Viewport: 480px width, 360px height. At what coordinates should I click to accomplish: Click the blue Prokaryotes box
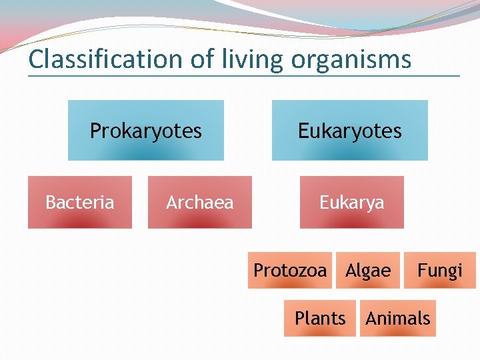145,131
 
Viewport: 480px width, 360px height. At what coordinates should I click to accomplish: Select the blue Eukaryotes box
349,131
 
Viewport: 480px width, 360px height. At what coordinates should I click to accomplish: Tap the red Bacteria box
79,202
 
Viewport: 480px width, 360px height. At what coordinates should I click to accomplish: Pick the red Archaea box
199,202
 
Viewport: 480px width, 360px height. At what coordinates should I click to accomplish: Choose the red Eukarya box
351,202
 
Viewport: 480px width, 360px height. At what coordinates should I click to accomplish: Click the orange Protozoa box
290,270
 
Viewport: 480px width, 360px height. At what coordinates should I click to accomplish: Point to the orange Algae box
368,270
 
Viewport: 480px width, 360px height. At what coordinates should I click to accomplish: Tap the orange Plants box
320,318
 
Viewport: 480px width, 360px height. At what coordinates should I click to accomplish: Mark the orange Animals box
398,318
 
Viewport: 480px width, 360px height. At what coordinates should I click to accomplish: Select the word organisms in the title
351,59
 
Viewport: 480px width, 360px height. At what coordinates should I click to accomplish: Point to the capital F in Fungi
422,270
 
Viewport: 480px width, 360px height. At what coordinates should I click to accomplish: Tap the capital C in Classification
37,59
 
